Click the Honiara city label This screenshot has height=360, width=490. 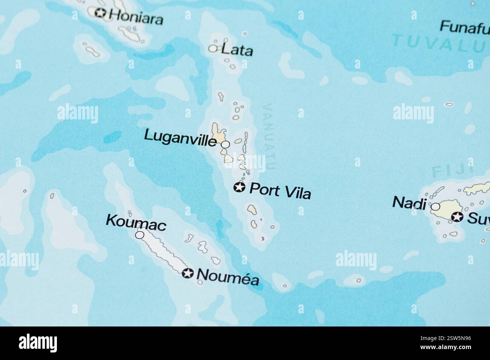tap(136, 17)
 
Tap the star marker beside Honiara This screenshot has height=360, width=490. tap(100, 13)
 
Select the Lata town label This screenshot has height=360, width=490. tap(237, 50)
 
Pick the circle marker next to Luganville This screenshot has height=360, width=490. tap(225, 144)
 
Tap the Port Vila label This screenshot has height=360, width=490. tap(280, 191)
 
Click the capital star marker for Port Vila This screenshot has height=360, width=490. tap(239, 187)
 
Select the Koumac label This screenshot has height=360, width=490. tap(136, 222)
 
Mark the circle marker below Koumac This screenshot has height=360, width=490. tap(139, 235)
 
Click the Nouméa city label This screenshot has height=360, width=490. tap(228, 278)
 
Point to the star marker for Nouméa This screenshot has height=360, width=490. tap(187, 273)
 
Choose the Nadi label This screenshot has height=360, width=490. tap(409, 203)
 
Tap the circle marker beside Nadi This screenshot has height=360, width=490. tap(435, 206)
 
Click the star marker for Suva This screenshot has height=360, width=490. tap(457, 217)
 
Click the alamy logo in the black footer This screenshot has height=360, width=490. tap(38, 343)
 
